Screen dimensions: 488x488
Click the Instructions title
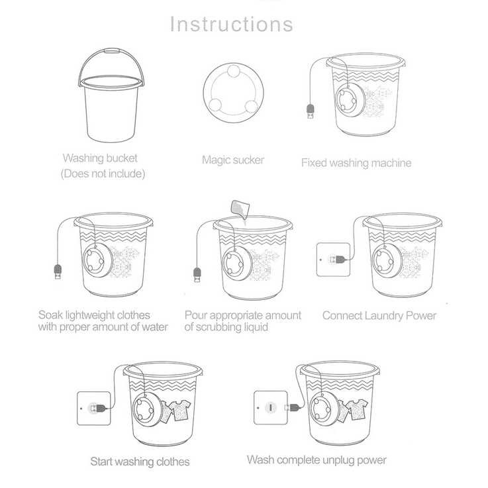pyautogui.click(x=232, y=24)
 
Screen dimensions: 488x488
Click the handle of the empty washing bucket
pyautogui.click(x=111, y=50)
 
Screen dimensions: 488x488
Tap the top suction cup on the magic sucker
pyautogui.click(x=233, y=71)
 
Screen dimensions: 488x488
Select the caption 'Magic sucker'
pyautogui.click(x=233, y=160)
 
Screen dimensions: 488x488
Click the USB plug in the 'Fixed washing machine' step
pyautogui.click(x=311, y=111)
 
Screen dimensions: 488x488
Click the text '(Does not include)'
pyautogui.click(x=103, y=173)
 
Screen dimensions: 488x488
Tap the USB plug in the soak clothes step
pyautogui.click(x=58, y=271)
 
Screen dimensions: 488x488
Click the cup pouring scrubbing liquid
pyautogui.click(x=240, y=208)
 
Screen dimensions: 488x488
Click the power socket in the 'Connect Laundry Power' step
pyautogui.click(x=333, y=260)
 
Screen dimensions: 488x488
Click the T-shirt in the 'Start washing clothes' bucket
pyautogui.click(x=179, y=410)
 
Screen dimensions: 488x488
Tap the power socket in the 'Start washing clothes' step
pyautogui.click(x=93, y=409)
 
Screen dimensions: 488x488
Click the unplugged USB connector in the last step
pyautogui.click(x=291, y=407)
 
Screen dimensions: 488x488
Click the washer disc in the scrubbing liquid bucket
pyautogui.click(x=236, y=263)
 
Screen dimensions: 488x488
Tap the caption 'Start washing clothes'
pyautogui.click(x=140, y=462)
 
